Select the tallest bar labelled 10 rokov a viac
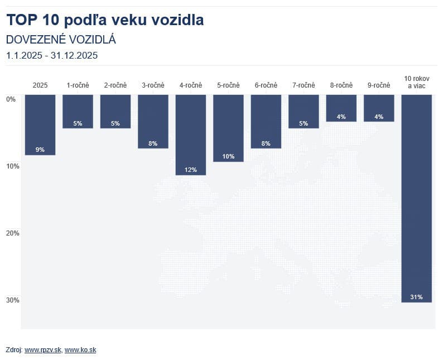[x=416, y=198]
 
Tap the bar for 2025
[x=40, y=124]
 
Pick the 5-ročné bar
[x=228, y=128]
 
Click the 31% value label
[x=416, y=297]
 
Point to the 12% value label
[x=190, y=170]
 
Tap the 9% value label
[x=40, y=150]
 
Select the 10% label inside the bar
[x=228, y=156]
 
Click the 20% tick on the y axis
[x=12, y=233]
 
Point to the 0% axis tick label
[x=11, y=99]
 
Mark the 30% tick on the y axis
[x=12, y=300]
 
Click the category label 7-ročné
[x=304, y=85]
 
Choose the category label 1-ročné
[x=78, y=85]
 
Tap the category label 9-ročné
[x=379, y=85]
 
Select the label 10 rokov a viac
[x=416, y=81]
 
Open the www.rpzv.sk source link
[x=43, y=350]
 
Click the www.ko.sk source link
[x=80, y=350]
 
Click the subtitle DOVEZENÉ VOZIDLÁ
[x=61, y=40]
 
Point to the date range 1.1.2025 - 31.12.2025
[x=52, y=55]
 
